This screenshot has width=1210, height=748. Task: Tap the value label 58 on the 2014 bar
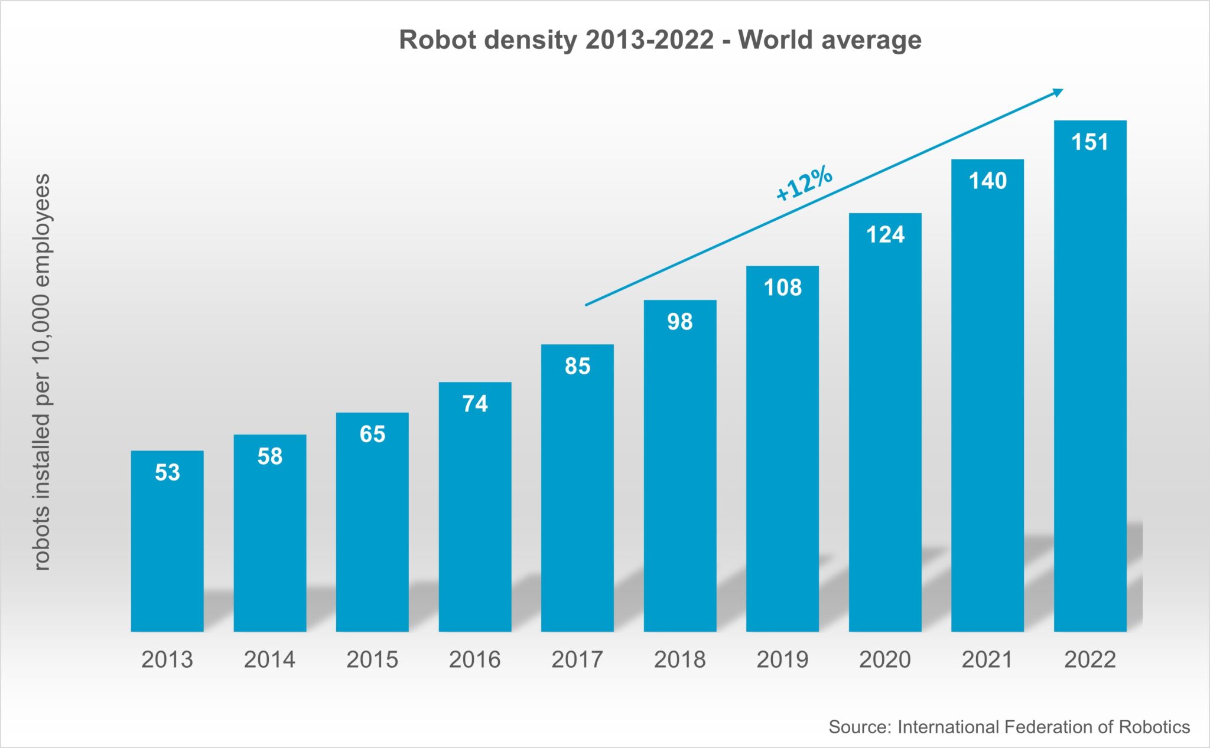tap(270, 456)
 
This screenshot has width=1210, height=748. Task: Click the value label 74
tap(475, 404)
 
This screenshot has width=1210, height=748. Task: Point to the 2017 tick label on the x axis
tap(577, 659)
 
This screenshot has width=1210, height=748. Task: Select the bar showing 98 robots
tap(680, 472)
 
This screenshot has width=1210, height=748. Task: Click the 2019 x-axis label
tap(782, 659)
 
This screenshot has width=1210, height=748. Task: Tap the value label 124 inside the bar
tap(885, 235)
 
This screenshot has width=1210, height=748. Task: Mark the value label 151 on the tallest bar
tap(1090, 142)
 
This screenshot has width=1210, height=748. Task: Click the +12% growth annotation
tap(804, 184)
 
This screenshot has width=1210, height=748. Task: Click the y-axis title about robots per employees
tap(41, 372)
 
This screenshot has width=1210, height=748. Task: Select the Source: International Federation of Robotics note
tap(1009, 727)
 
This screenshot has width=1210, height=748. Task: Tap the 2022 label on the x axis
tap(1090, 659)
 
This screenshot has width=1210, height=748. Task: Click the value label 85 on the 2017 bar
tap(577, 366)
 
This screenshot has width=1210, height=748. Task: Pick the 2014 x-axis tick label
tap(270, 659)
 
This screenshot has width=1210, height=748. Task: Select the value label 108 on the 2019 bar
tap(782, 288)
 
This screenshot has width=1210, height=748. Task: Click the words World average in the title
tap(830, 40)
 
